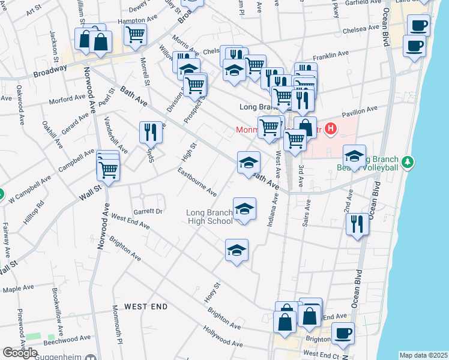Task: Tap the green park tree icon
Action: [408, 162]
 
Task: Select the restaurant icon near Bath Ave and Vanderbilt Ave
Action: [151, 131]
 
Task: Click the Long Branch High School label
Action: [209, 217]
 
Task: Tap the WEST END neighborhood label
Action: [145, 307]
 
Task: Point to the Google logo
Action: [20, 353]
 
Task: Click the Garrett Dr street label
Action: [148, 211]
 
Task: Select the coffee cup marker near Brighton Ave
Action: [343, 333]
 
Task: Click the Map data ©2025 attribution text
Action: [423, 355]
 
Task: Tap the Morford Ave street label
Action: [67, 100]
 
